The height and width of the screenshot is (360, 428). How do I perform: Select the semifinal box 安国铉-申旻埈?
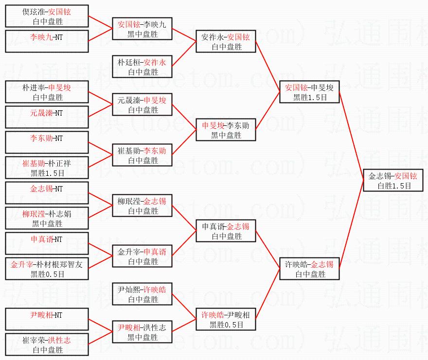pos(309,92)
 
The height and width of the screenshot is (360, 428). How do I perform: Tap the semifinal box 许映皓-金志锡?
pos(309,269)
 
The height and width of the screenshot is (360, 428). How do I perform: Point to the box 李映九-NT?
pos(47,41)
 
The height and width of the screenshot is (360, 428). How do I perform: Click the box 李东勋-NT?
pos(47,143)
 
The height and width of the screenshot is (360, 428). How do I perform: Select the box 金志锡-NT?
pos(47,193)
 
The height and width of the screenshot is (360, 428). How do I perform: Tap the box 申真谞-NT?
pos(47,244)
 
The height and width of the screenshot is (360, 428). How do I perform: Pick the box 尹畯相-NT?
pos(47,320)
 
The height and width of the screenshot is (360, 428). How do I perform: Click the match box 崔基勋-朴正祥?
pos(47,168)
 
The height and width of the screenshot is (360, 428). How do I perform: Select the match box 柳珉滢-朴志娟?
pos(47,219)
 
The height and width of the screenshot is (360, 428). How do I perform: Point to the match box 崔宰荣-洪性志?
pos(47,345)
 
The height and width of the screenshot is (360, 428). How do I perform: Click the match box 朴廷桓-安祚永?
pos(142,67)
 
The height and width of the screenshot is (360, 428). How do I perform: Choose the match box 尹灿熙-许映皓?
pos(142,294)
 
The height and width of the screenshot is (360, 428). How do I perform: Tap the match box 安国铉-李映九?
pos(142,28)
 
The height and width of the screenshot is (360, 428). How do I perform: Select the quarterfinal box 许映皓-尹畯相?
pos(226,320)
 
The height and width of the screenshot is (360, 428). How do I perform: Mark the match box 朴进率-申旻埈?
pos(47,92)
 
